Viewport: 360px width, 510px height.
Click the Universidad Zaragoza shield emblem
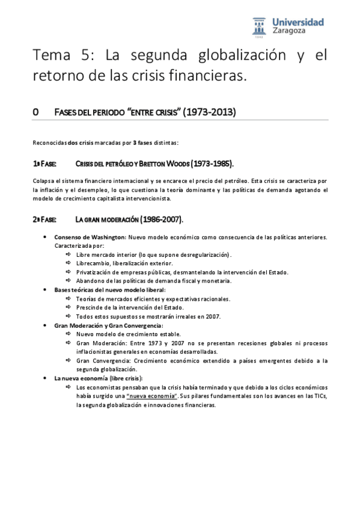click(x=259, y=27)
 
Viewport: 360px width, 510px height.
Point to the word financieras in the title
click(x=206, y=76)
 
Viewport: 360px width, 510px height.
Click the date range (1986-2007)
click(x=158, y=220)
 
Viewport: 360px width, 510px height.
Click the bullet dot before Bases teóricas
click(x=46, y=289)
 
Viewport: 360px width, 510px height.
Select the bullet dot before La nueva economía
click(x=46, y=378)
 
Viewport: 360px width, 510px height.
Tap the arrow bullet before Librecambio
click(x=69, y=263)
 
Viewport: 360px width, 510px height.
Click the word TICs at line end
click(x=319, y=396)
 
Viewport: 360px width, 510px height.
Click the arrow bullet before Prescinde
click(x=69, y=307)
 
